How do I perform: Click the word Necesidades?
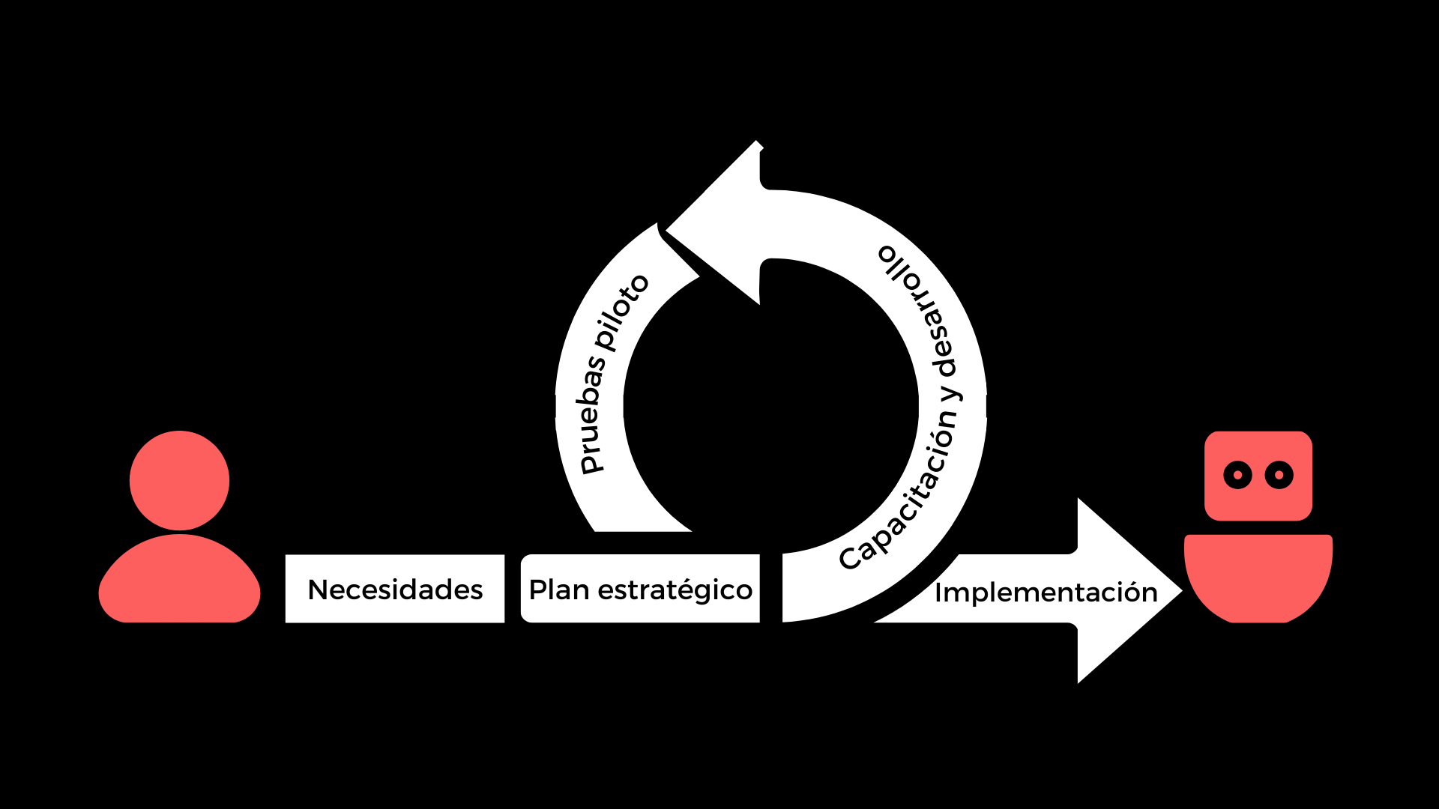[x=395, y=590]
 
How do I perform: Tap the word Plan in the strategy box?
[x=559, y=590]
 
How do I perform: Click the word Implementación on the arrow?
[x=1046, y=592]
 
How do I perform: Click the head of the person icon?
[x=179, y=480]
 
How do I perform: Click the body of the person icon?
[x=180, y=578]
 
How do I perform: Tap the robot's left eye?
[x=1237, y=475]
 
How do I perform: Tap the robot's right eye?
[x=1279, y=475]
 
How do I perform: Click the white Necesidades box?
[x=395, y=589]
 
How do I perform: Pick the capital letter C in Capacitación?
[x=850, y=558]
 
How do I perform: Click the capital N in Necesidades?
[x=319, y=590]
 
